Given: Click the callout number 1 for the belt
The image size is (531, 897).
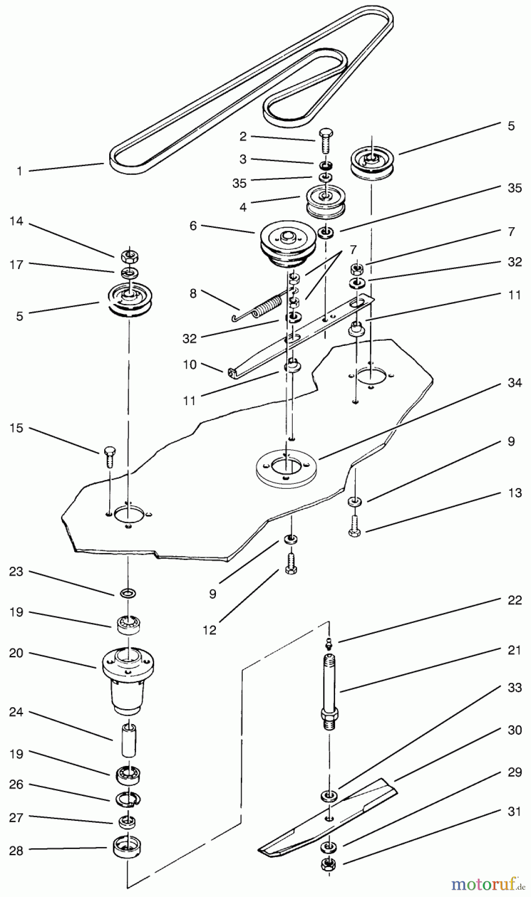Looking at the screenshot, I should (x=19, y=171).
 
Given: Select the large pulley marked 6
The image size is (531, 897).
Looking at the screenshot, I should (x=282, y=244).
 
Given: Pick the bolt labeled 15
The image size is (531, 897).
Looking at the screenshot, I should (x=109, y=456).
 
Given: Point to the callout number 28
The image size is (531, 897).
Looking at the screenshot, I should (x=16, y=850).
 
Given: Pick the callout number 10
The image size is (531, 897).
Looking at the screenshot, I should (x=190, y=364).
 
